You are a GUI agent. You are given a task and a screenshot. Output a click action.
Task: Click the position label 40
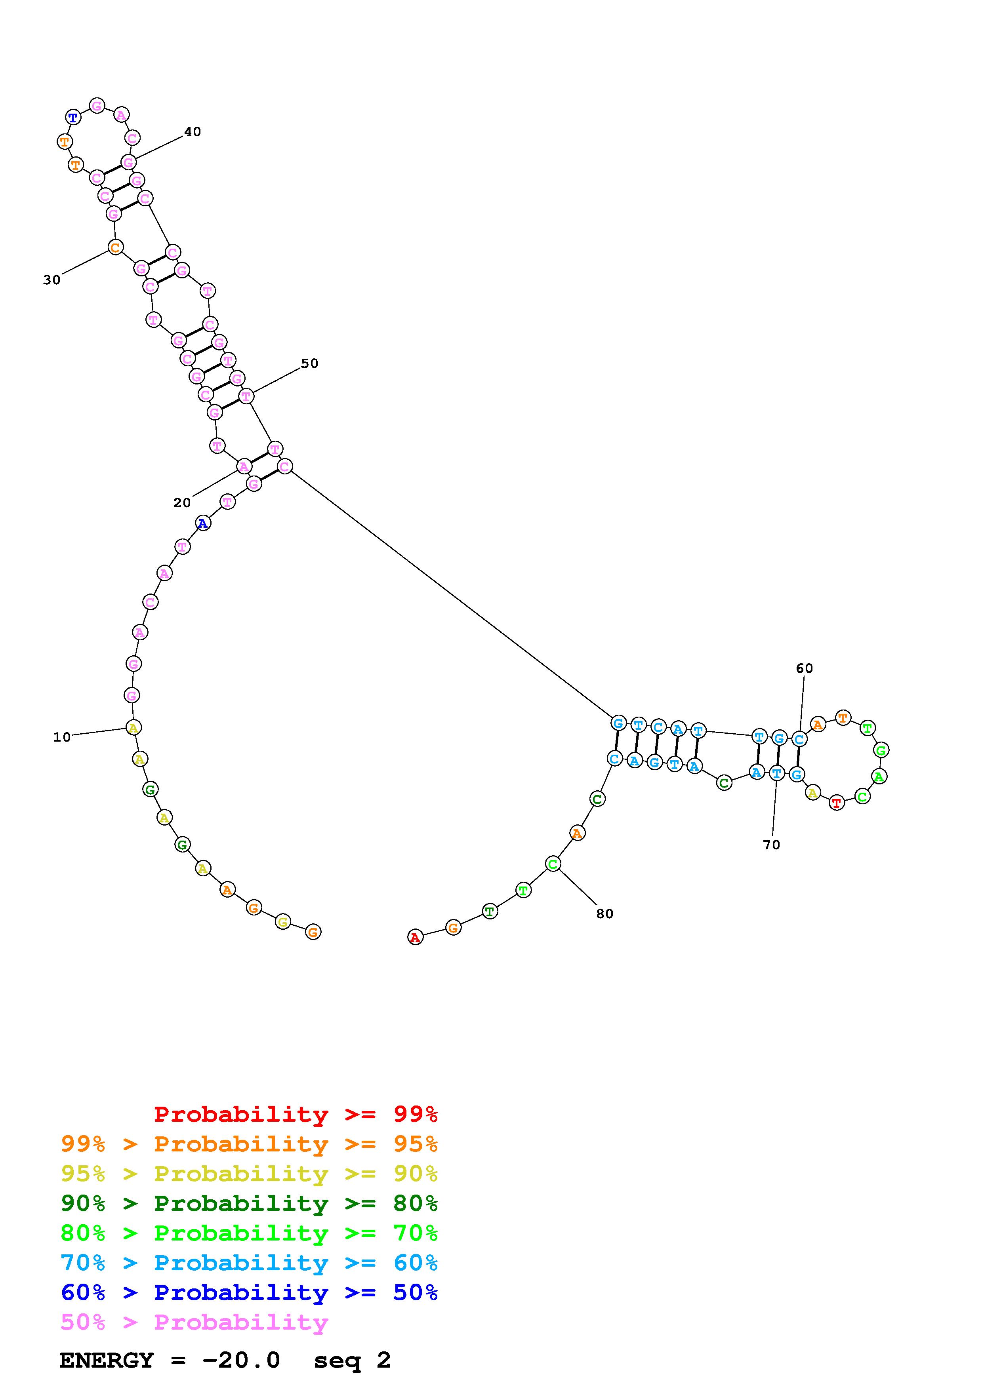[x=193, y=132]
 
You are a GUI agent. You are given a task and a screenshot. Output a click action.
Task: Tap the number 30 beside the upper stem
[x=52, y=280]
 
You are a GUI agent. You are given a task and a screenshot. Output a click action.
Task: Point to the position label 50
[x=309, y=363]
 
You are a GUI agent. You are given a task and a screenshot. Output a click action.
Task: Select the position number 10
[x=62, y=737]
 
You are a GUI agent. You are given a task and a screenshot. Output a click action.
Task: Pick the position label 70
[x=771, y=845]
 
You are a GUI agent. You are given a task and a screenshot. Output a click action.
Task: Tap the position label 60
[x=804, y=668]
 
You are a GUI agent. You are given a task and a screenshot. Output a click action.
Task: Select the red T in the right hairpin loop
[x=836, y=803]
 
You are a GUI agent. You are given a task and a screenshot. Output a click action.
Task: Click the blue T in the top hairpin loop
[x=73, y=117]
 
